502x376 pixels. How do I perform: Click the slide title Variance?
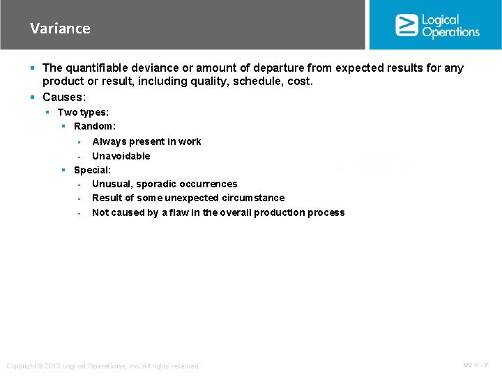(60, 29)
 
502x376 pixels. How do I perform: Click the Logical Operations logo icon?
(406, 25)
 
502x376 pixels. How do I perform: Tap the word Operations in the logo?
(450, 32)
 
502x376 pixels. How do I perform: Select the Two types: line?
(83, 112)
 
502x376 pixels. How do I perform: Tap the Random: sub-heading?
(95, 126)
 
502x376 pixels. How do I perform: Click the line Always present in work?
(146, 141)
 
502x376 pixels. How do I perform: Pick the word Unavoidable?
(121, 156)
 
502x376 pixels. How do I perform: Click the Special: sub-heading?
(92, 170)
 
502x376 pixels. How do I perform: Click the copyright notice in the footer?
(102, 366)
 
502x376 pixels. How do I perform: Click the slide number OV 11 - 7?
(476, 365)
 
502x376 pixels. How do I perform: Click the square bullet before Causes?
(33, 97)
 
